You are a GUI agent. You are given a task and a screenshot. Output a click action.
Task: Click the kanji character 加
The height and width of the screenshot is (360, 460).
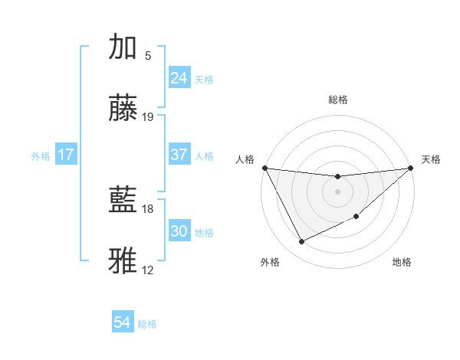coord(123,47)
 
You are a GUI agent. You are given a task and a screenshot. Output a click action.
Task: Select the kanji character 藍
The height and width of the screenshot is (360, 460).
coord(123,201)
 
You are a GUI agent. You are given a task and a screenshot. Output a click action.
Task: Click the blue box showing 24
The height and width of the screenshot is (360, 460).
coord(179,78)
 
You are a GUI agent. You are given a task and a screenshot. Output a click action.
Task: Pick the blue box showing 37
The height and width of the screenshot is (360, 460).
coord(179,155)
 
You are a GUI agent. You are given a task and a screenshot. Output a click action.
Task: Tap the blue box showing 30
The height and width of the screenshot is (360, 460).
coord(179,231)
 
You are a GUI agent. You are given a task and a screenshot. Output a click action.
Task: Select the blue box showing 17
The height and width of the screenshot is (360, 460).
coord(66,155)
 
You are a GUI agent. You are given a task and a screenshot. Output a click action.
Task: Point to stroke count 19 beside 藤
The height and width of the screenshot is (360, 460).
coord(148,117)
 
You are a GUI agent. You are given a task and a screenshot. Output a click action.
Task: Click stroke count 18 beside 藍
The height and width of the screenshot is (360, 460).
coord(148,208)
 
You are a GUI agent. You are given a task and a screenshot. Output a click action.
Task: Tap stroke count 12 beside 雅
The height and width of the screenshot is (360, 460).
coord(148,270)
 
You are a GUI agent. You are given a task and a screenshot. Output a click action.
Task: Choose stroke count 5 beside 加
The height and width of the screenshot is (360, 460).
coord(148,55)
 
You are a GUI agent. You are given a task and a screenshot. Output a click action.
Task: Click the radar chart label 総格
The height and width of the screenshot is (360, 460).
coord(338,100)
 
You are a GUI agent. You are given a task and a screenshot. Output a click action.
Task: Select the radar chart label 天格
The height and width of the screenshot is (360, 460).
coord(431,159)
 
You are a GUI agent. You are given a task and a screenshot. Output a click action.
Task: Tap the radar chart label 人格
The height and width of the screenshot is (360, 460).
coord(245,159)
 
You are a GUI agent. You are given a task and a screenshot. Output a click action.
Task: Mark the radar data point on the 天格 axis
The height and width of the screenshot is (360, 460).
coord(411,168)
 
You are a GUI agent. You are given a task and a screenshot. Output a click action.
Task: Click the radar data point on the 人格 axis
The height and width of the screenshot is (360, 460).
coord(264,168)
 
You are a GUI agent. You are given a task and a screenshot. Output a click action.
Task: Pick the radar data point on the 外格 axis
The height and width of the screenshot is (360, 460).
coord(301,242)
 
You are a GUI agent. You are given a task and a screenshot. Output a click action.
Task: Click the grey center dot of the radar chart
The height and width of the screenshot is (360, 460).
coord(338,191)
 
